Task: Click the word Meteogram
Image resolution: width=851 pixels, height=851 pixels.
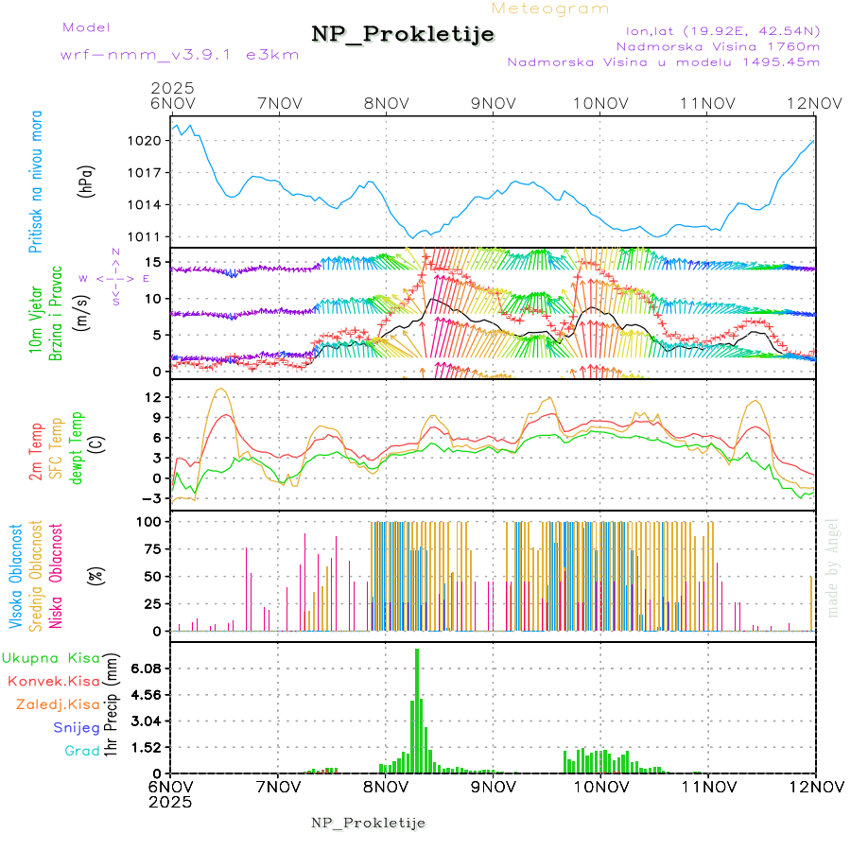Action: [x=551, y=9]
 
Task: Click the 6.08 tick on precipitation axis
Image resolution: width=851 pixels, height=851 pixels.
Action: [x=146, y=668]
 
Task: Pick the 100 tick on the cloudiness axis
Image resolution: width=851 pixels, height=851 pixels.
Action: [x=149, y=521]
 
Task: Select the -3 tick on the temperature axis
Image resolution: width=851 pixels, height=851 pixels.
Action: [x=152, y=497]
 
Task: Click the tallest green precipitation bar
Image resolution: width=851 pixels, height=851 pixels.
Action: [x=416, y=709]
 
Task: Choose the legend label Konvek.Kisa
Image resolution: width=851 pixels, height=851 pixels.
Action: [x=53, y=681]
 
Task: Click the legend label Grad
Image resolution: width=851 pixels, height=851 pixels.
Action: [x=81, y=751]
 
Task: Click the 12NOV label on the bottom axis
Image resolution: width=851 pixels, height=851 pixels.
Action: [x=815, y=787]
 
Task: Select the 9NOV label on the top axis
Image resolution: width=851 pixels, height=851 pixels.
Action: [x=493, y=102]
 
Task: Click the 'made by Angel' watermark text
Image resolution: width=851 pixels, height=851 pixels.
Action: [x=833, y=567]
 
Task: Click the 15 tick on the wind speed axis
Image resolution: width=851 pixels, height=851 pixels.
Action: [x=153, y=261]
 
